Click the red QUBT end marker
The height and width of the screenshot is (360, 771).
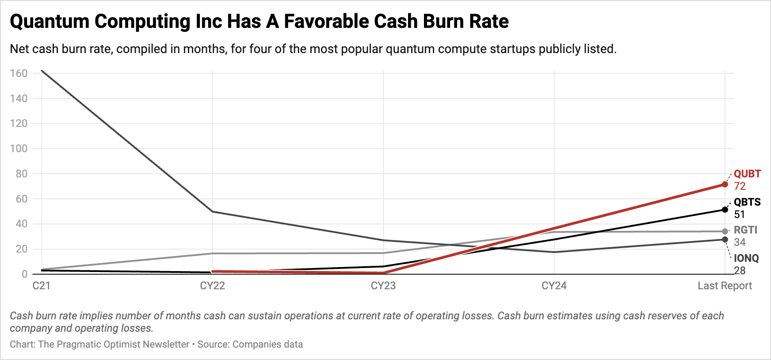tap(725, 184)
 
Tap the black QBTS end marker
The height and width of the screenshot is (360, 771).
tap(725, 210)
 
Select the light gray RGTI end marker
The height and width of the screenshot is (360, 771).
tap(725, 231)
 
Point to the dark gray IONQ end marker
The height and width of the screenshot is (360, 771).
tap(725, 240)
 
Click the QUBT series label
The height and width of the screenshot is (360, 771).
tap(747, 174)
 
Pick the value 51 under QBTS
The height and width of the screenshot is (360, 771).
tap(740, 214)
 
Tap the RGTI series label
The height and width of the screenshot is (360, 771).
tap(745, 230)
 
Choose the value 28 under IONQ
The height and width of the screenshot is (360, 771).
tap(740, 271)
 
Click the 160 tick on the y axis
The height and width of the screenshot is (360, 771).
tap(19, 73)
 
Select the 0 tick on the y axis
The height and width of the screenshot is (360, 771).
tap(24, 274)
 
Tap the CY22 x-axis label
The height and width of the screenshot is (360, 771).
tap(212, 286)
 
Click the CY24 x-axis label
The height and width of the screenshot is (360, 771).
tap(554, 286)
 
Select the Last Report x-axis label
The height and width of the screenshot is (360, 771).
tap(725, 286)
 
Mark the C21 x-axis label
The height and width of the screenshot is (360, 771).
tap(42, 286)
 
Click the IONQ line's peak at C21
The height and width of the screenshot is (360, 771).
tap(42, 71)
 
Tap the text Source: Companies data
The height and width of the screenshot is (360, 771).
tap(250, 344)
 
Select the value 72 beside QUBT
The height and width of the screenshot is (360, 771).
tap(740, 186)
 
